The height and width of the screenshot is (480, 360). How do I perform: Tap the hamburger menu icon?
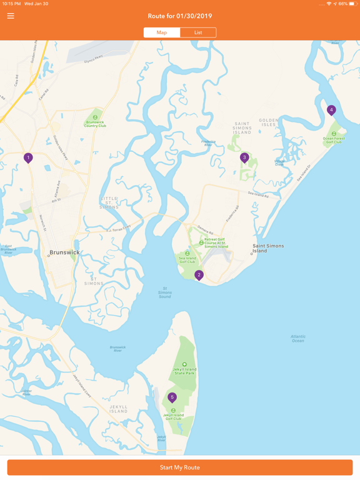11,16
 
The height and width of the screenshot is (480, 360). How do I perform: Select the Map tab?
162,32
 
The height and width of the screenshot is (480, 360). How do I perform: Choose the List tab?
198,32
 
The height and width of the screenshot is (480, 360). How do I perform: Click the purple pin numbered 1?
28,158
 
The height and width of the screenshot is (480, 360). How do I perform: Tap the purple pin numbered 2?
199,275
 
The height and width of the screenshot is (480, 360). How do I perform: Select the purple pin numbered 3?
244,158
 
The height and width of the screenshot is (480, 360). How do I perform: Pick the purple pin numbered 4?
331,110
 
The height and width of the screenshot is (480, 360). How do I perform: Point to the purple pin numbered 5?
172,397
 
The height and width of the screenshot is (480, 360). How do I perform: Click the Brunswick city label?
64,252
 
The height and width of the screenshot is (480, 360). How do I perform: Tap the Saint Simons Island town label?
268,248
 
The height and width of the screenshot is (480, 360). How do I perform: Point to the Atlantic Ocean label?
298,339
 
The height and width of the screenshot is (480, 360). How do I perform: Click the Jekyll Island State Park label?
184,371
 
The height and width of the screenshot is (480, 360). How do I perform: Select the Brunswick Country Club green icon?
95,117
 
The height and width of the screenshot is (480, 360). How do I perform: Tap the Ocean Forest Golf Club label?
334,140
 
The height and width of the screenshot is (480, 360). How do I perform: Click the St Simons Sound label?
164,292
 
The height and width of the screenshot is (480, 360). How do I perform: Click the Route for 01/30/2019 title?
180,16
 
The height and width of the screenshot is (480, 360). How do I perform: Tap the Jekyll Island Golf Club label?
173,416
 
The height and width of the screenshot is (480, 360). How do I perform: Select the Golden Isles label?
269,122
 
